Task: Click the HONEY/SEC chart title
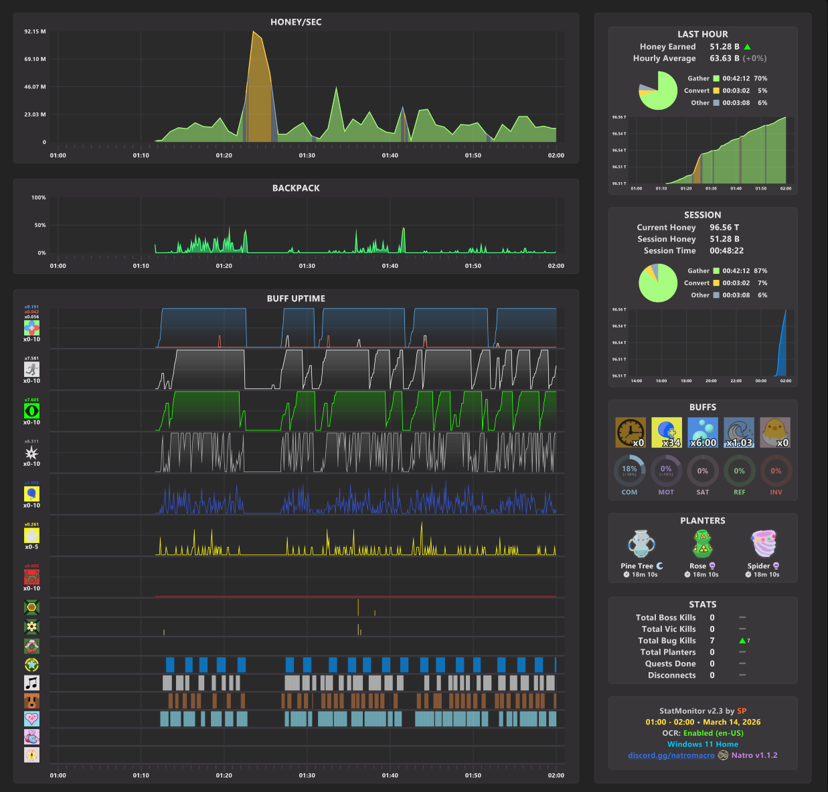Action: [x=296, y=22]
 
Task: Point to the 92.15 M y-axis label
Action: [x=35, y=31]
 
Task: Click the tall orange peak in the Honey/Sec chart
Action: [x=254, y=40]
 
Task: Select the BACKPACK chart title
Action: [x=296, y=188]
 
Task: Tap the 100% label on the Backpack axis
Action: [x=39, y=197]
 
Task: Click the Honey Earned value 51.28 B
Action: [x=724, y=47]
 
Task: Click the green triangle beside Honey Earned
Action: [x=747, y=47]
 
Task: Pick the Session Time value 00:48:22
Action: [x=726, y=250]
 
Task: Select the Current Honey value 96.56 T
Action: [x=724, y=228]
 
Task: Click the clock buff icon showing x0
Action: [x=630, y=432]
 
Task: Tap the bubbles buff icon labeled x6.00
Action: [x=703, y=432]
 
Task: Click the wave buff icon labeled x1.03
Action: [x=739, y=432]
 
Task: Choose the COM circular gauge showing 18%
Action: [x=629, y=471]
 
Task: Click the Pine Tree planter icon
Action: [x=641, y=544]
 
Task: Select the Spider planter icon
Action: [x=764, y=544]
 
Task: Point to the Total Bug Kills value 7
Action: [x=712, y=641]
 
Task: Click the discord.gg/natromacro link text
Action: [x=671, y=755]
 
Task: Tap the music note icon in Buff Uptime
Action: [x=31, y=683]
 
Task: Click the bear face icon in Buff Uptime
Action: [x=31, y=701]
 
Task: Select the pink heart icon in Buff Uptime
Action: [x=31, y=719]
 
